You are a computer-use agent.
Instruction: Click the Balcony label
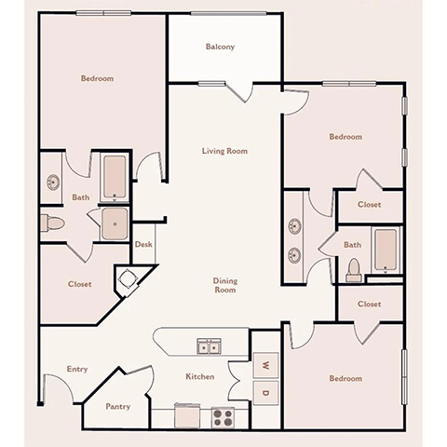point(220,47)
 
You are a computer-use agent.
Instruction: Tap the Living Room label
point(224,150)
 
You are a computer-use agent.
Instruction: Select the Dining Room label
point(223,285)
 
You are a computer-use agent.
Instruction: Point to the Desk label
point(143,245)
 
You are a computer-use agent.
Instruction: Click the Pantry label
point(117,406)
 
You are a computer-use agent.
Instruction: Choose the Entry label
point(77,369)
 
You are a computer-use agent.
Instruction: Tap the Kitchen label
point(200,376)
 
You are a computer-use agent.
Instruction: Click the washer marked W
point(264,364)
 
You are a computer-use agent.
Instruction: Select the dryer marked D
point(264,393)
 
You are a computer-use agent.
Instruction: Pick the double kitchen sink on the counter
point(209,347)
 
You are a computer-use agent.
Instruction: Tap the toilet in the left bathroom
point(52,222)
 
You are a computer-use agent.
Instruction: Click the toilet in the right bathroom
point(353,268)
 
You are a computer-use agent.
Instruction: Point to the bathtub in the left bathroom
point(115,177)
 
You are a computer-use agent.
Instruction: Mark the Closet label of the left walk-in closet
point(79,284)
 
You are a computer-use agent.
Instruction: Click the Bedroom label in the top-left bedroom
point(97,79)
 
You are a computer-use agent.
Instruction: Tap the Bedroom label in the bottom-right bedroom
point(345,378)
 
